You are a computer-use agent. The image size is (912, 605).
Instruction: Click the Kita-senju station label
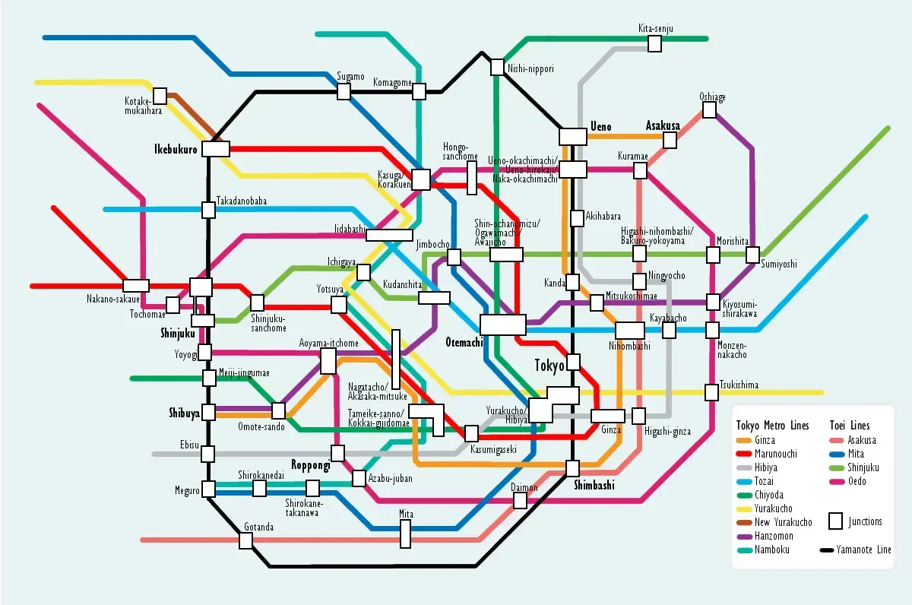(655, 29)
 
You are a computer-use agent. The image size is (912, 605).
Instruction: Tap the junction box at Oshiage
(709, 110)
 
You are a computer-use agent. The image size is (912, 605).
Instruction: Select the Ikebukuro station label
(176, 149)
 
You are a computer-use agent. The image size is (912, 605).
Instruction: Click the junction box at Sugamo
(344, 91)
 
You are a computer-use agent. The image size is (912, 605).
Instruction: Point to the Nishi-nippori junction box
(497, 67)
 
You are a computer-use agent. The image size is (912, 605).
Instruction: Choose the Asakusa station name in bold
(662, 125)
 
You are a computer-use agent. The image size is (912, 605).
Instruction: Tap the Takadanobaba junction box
(208, 210)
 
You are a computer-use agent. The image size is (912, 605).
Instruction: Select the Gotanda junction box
(245, 540)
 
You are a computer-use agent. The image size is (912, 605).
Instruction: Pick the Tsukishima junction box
(711, 392)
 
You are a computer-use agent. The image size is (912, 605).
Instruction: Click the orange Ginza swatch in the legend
(744, 441)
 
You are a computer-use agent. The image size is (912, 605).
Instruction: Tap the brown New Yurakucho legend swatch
(744, 522)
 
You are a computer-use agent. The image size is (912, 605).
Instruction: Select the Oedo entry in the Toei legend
(857, 481)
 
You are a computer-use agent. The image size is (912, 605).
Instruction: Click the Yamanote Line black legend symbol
(826, 550)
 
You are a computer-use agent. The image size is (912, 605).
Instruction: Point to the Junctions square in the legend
(835, 521)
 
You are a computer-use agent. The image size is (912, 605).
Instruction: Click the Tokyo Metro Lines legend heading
(773, 426)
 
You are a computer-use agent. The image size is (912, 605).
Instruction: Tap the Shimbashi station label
(594, 486)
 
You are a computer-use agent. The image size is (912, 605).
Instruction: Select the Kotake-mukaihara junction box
(160, 97)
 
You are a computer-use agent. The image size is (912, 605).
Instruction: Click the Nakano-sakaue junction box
(136, 286)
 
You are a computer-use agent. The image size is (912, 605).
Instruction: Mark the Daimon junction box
(520, 500)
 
